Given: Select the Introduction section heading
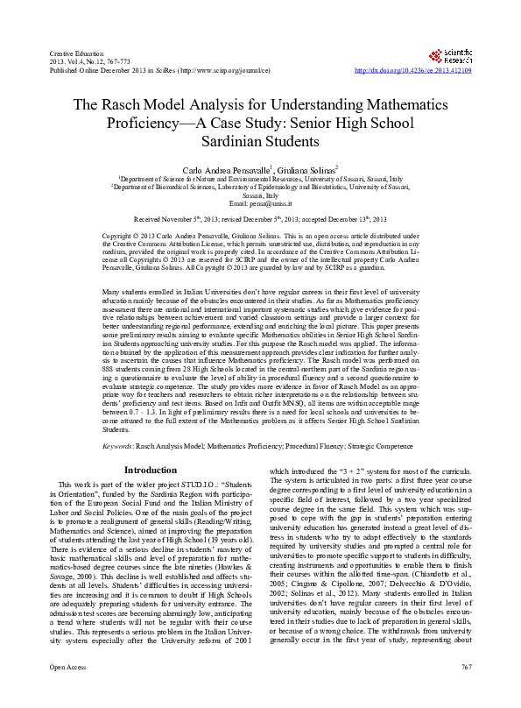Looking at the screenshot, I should click(151, 471).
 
